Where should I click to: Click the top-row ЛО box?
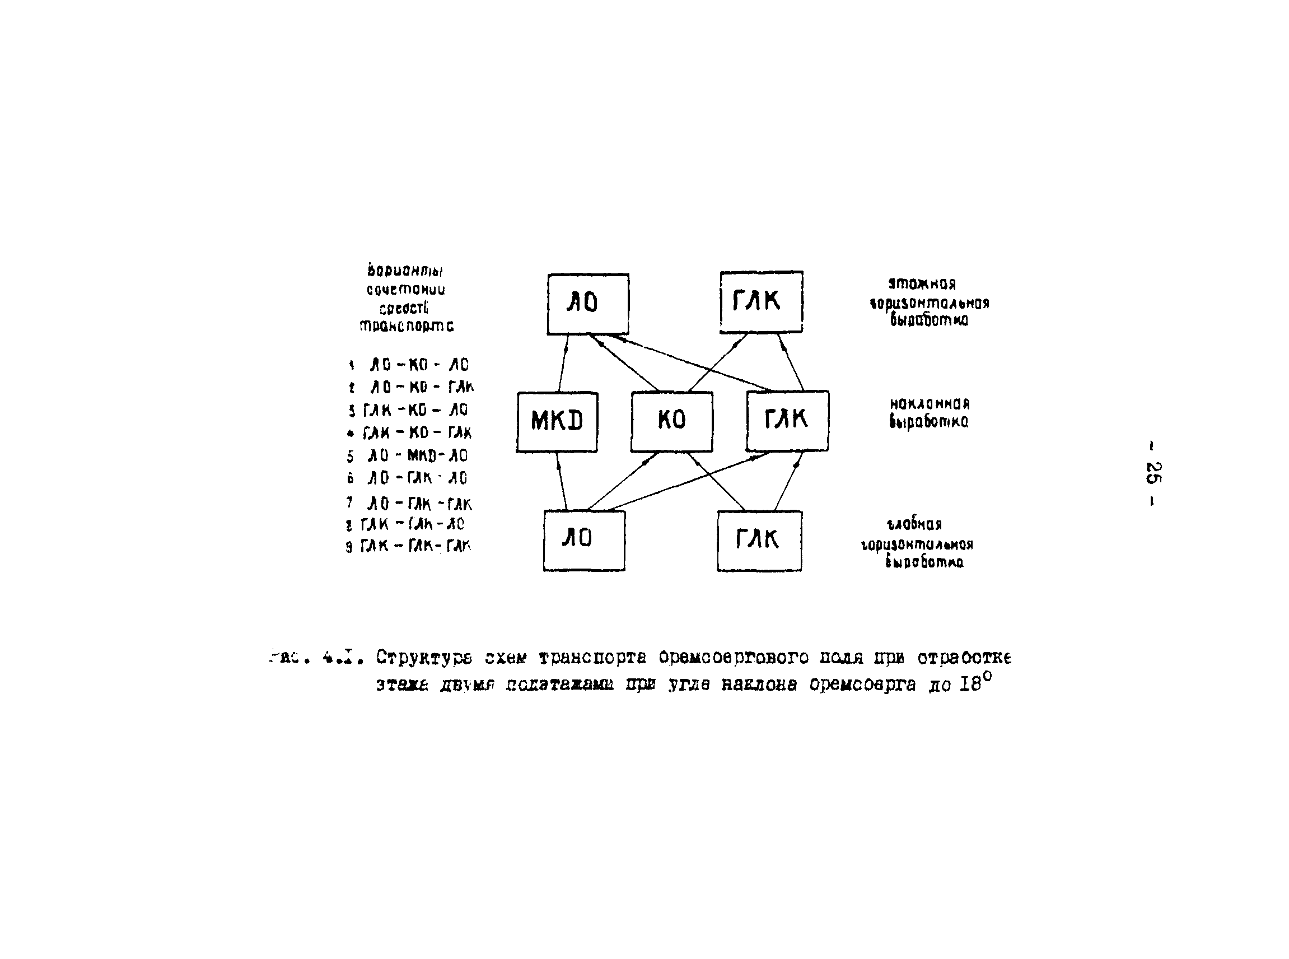point(587,304)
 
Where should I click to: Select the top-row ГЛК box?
point(761,302)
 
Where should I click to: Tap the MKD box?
point(557,421)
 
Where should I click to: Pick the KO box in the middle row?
point(671,421)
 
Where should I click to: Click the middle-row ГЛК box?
point(787,421)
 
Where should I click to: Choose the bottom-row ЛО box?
point(584,541)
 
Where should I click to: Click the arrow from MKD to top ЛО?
point(563,364)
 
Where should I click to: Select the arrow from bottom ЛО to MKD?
point(561,481)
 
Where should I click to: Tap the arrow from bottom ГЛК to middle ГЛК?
point(789,481)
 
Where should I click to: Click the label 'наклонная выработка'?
point(928,413)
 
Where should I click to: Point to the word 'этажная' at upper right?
point(922,284)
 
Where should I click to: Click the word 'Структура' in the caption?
point(424,658)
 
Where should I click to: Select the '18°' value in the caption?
point(975,683)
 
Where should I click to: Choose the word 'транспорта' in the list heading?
point(407,326)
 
